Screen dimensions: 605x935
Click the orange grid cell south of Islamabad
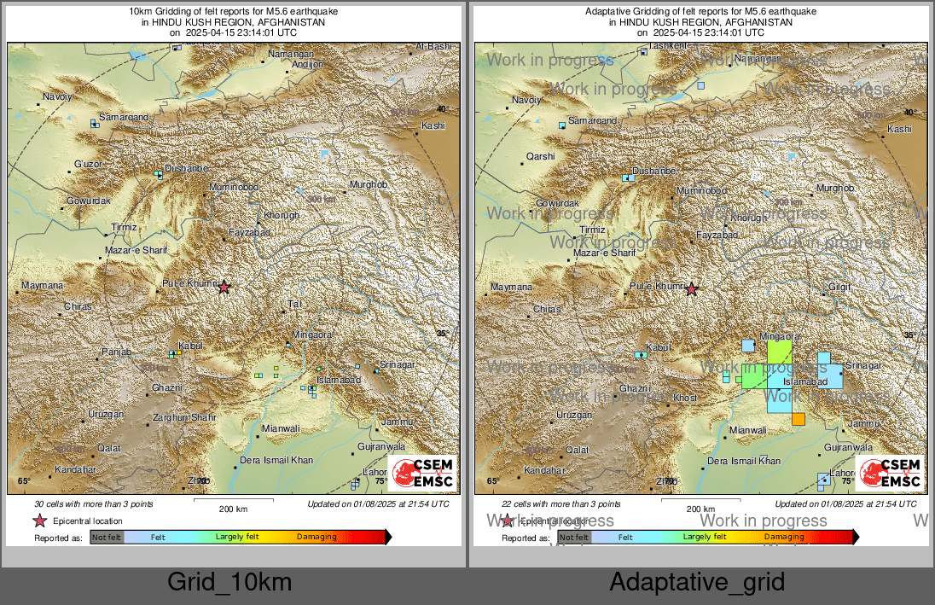[x=799, y=419]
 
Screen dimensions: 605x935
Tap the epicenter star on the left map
[x=224, y=288]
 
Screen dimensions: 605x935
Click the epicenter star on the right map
[x=691, y=289]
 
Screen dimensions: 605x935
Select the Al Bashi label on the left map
[x=433, y=46]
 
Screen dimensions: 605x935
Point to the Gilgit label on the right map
[x=839, y=287]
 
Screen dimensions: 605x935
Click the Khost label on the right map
[x=685, y=398]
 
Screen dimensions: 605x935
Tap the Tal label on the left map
[x=296, y=304]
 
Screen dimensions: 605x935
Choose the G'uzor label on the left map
[x=88, y=163]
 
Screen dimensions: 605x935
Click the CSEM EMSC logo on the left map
[x=422, y=473]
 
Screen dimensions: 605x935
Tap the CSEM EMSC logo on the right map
[x=890, y=473]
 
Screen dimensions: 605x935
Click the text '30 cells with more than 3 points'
[x=94, y=504]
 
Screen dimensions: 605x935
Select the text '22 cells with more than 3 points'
[x=561, y=504]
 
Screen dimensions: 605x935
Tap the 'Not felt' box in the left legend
[x=107, y=538]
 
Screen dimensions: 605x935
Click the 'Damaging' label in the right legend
[x=783, y=537]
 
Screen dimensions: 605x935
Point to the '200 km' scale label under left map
[x=233, y=509]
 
